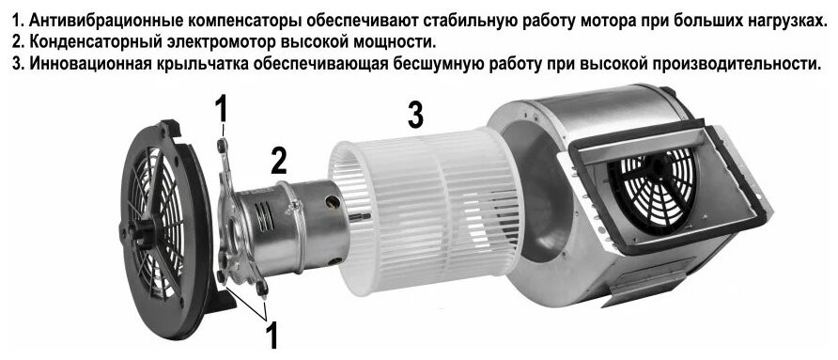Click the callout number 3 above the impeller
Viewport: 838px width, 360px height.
point(414,116)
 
